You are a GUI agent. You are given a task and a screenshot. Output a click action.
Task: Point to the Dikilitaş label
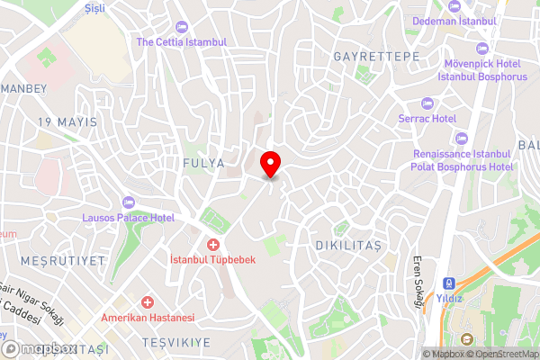(349, 245)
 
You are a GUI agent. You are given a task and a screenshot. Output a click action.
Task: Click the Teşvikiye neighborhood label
(175, 343)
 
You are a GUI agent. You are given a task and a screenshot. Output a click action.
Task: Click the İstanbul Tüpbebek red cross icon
(213, 245)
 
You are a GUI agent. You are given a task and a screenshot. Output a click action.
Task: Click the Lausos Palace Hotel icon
(127, 201)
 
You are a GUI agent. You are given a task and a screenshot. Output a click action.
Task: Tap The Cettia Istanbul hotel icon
(182, 26)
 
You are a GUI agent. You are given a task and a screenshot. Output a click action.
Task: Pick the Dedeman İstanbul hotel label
(454, 21)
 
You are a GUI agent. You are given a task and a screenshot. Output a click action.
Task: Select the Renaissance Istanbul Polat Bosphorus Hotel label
(463, 161)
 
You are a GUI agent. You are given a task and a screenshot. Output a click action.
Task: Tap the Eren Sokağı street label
(418, 286)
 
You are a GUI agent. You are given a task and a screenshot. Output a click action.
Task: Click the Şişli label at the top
(94, 7)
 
